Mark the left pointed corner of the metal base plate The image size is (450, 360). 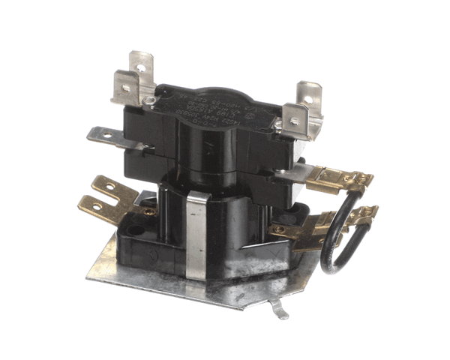click(87, 274)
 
